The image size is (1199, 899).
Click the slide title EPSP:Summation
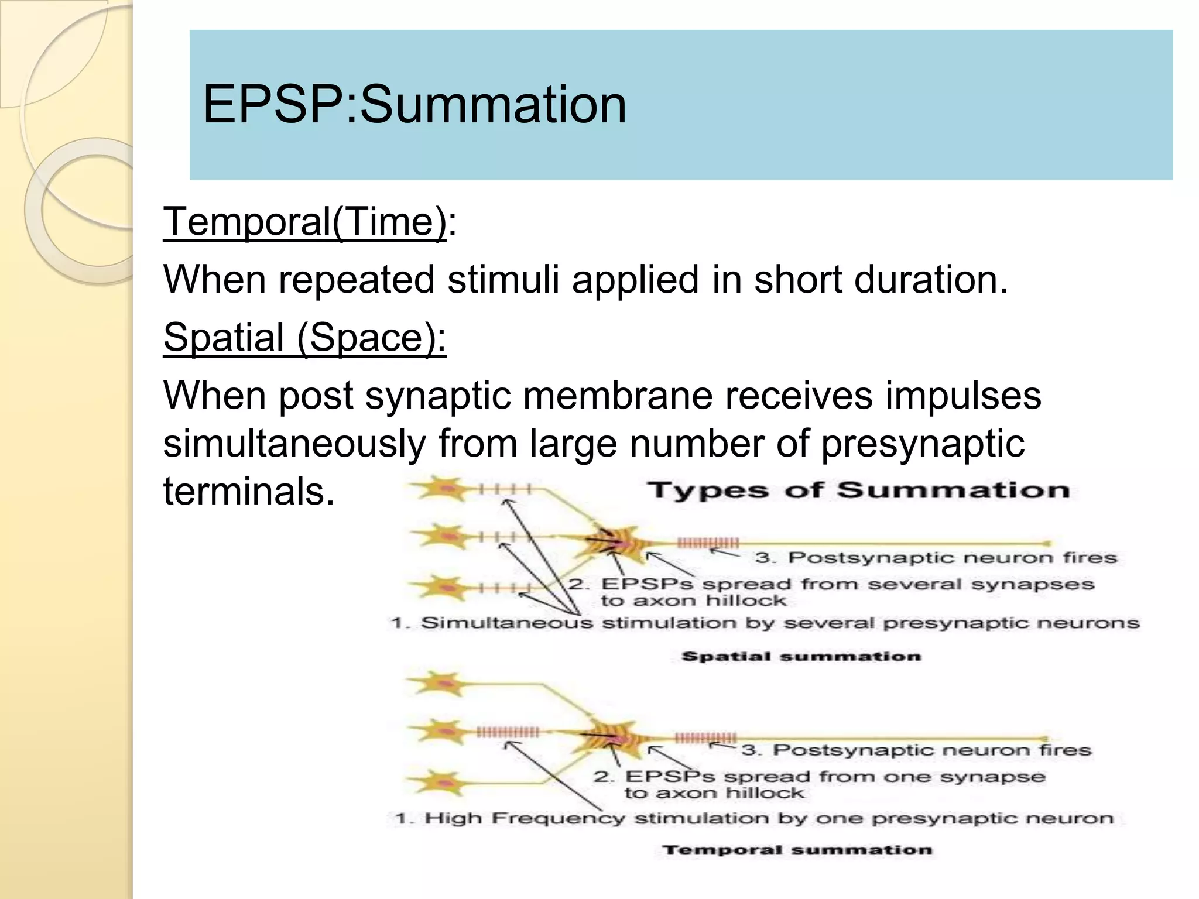pos(414,105)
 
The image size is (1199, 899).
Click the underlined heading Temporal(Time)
pos(304,222)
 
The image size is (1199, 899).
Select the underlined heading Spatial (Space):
pos(304,338)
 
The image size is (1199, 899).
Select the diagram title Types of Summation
pos(858,490)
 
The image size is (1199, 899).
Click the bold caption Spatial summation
pos(801,656)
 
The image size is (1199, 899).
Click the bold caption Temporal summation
pos(797,850)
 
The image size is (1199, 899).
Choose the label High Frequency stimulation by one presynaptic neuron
pos(754,818)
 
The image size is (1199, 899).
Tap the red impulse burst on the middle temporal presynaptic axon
pos(508,732)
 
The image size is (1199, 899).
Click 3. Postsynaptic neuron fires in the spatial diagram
pos(936,557)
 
